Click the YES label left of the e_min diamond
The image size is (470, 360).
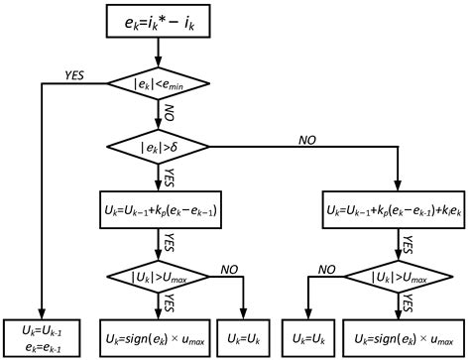tap(74, 74)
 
